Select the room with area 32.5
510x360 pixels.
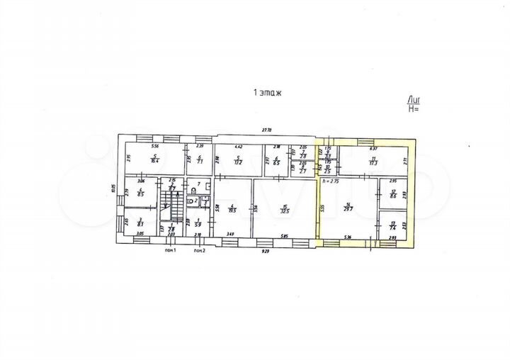coord(284,208)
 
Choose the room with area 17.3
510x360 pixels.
coord(373,160)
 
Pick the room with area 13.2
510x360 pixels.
coord(239,160)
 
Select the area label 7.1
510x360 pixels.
coord(200,161)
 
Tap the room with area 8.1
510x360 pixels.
coord(140,222)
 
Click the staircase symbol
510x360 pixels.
coord(169,202)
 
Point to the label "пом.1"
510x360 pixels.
coord(170,251)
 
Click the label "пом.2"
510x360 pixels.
coord(200,251)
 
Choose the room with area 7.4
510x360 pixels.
coord(394,225)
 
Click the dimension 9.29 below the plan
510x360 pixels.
coord(265,250)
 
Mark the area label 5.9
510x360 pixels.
coord(198,222)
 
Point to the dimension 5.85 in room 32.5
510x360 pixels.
coord(283,236)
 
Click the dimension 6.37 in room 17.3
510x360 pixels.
coord(374,148)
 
